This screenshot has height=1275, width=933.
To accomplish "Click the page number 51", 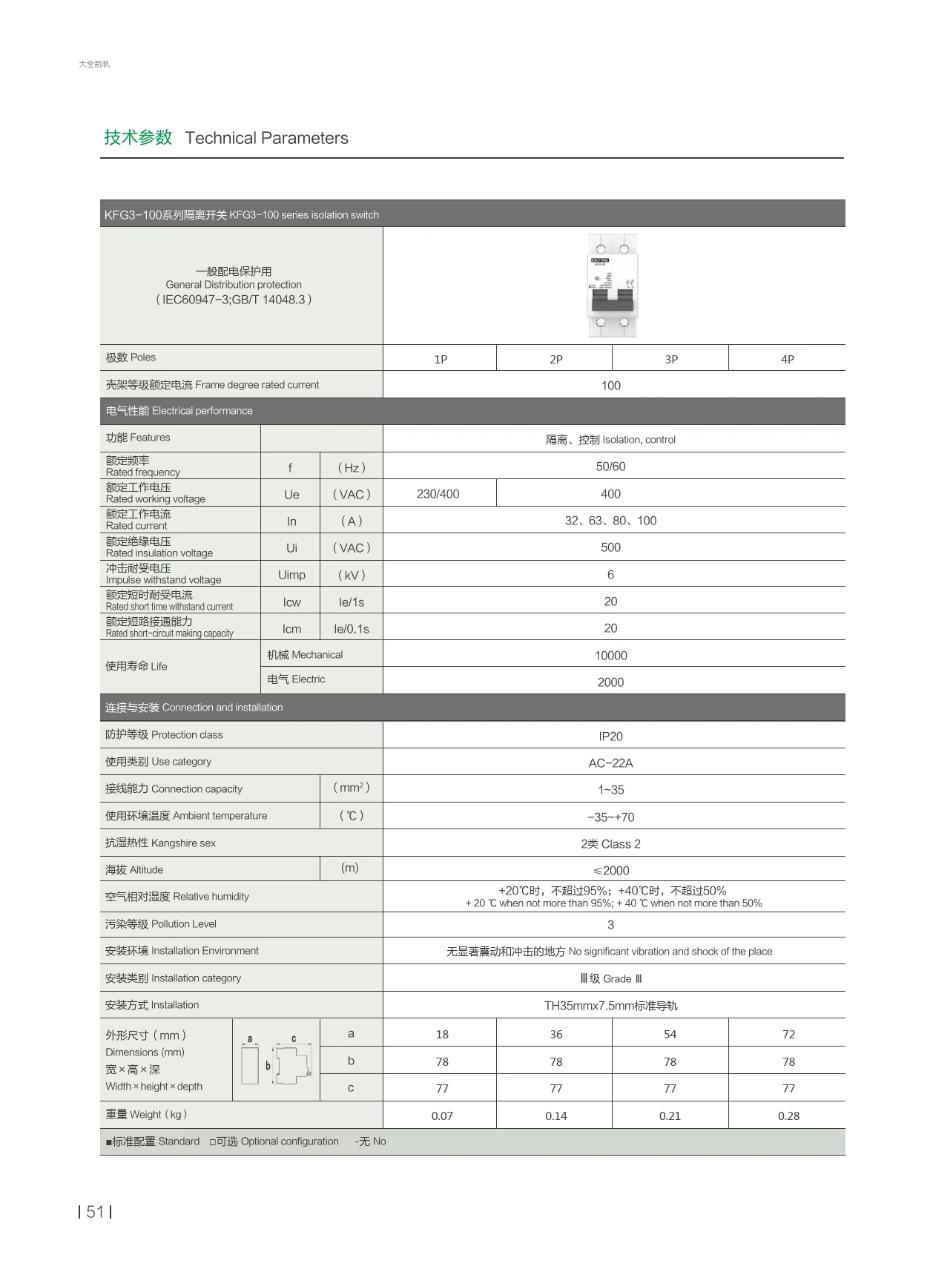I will [x=95, y=1212].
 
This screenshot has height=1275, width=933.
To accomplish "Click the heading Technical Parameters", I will [x=266, y=138].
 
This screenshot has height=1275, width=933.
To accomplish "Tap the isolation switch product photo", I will [x=612, y=286].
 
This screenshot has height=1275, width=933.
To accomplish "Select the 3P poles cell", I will [x=671, y=359].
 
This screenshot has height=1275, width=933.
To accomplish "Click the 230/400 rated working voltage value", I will [x=438, y=494].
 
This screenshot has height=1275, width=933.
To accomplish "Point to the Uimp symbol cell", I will [x=291, y=575].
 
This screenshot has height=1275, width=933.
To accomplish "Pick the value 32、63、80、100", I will [x=610, y=521].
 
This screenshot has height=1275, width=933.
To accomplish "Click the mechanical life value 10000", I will [x=610, y=656].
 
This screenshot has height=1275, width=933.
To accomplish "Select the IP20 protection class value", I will [x=610, y=737].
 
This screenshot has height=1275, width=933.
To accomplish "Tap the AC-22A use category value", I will [x=610, y=763].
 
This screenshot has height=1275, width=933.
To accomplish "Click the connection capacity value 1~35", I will [x=610, y=790].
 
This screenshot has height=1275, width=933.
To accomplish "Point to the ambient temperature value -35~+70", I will [x=610, y=817].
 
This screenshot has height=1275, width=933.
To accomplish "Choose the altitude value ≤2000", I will [x=610, y=871].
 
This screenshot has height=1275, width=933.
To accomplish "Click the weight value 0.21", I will [x=670, y=1116].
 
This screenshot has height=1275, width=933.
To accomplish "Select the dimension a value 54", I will [x=670, y=1034].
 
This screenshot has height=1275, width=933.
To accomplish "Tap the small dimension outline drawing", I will [x=276, y=1061].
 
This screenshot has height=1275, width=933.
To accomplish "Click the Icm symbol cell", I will [x=291, y=629].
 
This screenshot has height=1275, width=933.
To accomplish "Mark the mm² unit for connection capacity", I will [x=351, y=788].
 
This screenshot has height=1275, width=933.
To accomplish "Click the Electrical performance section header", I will [x=179, y=411].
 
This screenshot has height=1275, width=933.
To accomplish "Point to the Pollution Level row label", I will [x=161, y=924].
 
